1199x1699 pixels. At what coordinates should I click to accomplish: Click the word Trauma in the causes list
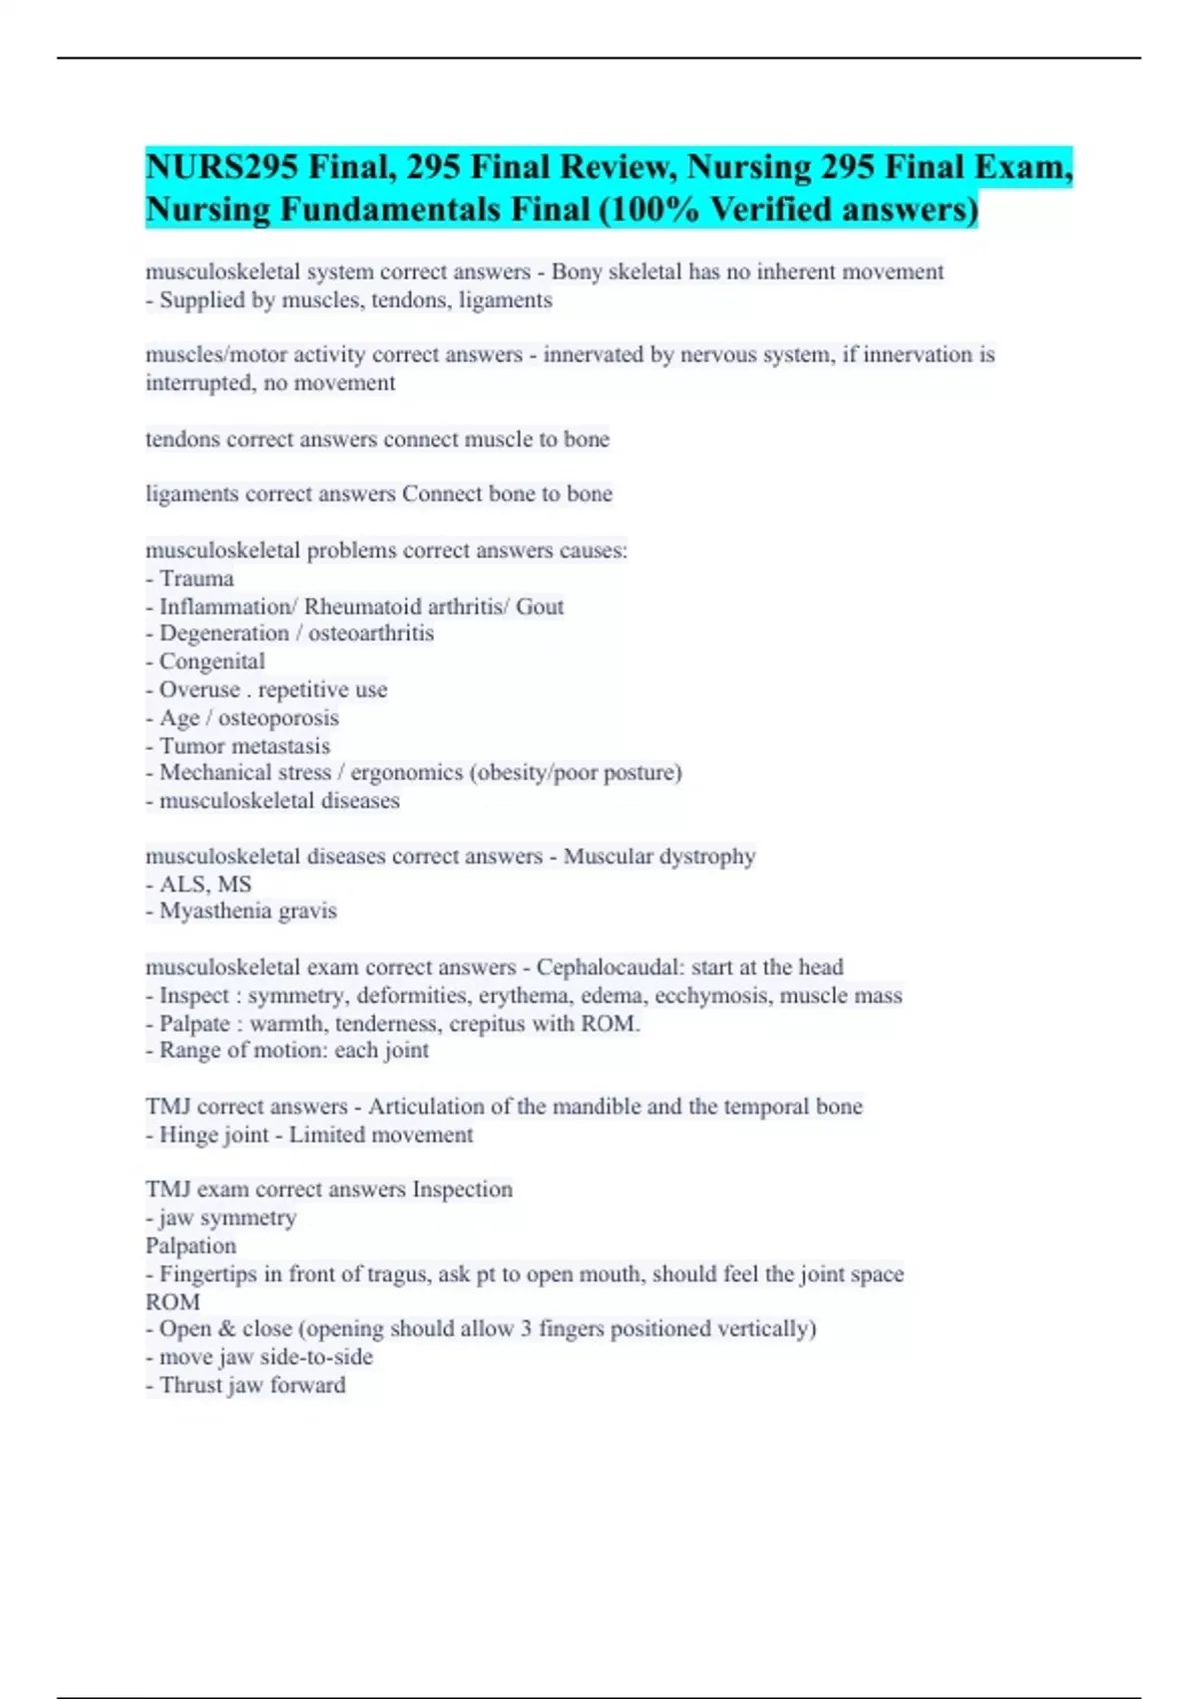tap(196, 579)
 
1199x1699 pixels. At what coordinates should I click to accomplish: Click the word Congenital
tap(212, 662)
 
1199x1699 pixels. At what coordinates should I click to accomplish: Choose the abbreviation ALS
tap(182, 884)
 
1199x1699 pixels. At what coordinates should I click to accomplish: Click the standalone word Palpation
tap(191, 1246)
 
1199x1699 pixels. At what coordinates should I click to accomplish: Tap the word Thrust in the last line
tap(191, 1385)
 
